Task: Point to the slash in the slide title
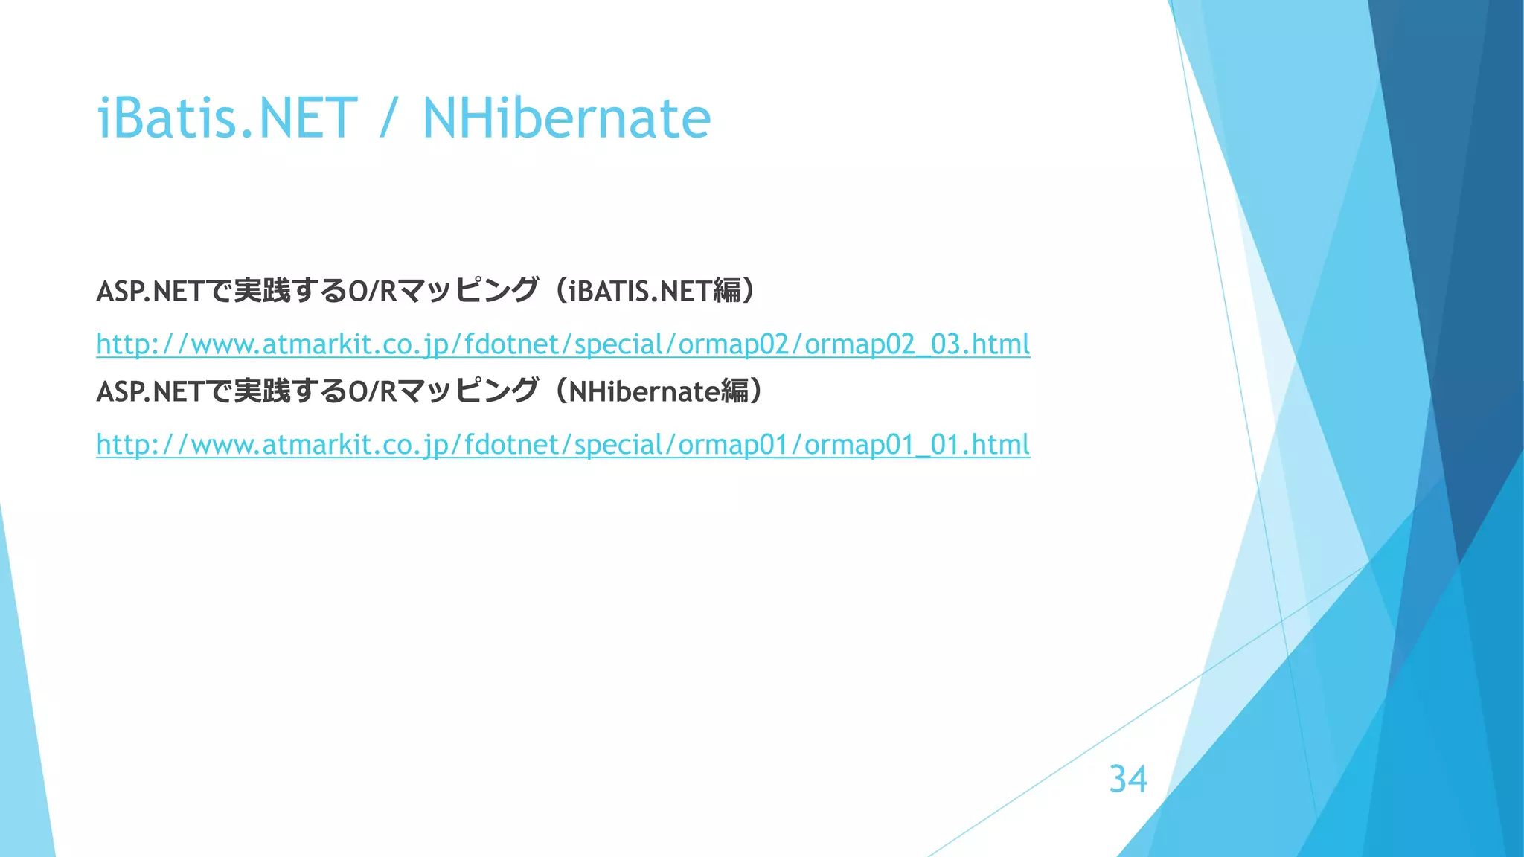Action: (385, 119)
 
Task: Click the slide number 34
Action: (1127, 779)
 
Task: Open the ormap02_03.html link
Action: (563, 344)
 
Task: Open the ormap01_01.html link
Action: (563, 444)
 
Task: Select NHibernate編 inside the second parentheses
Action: (659, 391)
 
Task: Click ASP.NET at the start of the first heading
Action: (150, 291)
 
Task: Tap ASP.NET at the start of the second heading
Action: (150, 391)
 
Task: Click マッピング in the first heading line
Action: (467, 290)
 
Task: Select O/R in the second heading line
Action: (373, 391)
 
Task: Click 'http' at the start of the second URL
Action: (124, 444)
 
